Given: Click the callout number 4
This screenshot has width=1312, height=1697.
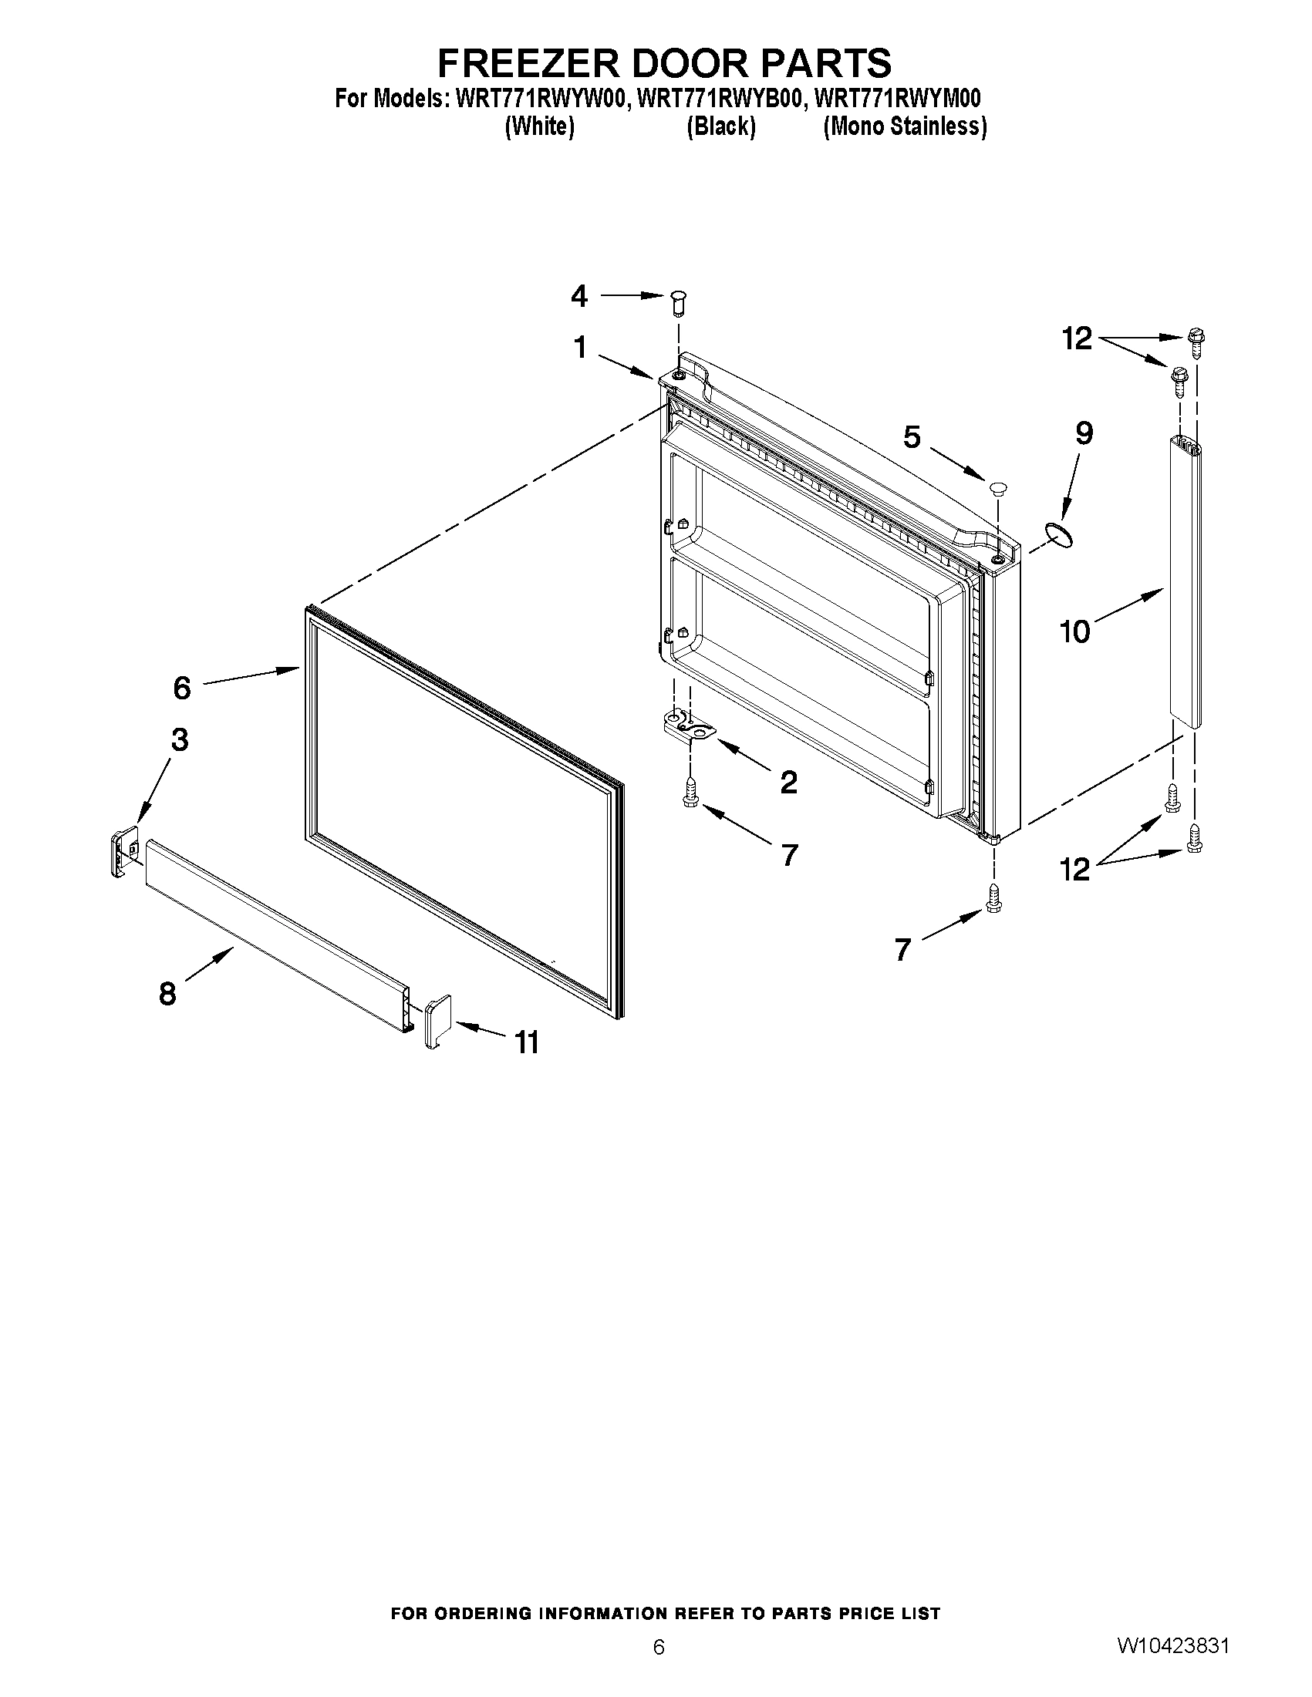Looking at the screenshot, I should pos(579,296).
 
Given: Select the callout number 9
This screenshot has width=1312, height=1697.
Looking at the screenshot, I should pos(1084,433).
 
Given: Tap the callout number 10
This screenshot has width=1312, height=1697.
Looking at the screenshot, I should pos(1075,631).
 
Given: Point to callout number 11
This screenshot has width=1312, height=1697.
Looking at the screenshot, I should pos(526,1042).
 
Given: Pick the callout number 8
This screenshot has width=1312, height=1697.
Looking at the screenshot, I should pos(168,993).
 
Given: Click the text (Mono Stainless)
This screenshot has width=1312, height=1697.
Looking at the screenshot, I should pos(905,126).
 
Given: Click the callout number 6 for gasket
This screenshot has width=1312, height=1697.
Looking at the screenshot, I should pos(181,688).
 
